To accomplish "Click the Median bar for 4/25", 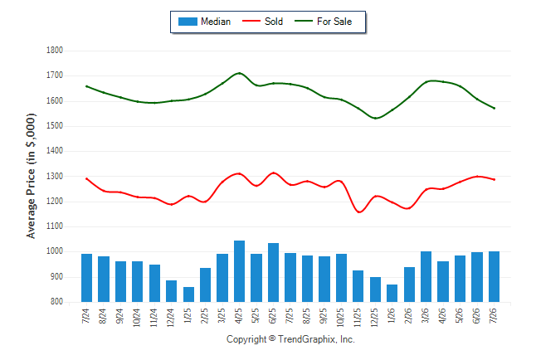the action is tap(239, 271).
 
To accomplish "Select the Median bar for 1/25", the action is tap(188, 294).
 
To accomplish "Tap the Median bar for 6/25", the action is tap(273, 272).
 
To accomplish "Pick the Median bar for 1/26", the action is tap(392, 294).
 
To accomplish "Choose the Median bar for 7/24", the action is tap(86, 278).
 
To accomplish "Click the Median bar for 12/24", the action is tap(171, 291).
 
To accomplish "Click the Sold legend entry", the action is tap(262, 22).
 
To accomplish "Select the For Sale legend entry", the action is tap(323, 22).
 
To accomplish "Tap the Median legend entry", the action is tap(204, 22).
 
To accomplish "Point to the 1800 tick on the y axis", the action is tap(55, 51).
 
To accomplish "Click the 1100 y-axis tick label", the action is tap(55, 226).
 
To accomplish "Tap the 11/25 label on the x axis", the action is tap(358, 318).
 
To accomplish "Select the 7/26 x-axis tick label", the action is tap(494, 315).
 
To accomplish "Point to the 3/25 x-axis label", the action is tap(222, 315).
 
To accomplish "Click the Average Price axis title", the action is tap(31, 176).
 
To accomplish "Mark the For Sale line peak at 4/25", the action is tap(239, 73).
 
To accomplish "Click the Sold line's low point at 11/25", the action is tap(359, 212).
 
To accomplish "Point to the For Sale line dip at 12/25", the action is tap(375, 119).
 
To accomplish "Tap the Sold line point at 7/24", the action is tap(86, 178).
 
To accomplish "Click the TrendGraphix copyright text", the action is tap(290, 339).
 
